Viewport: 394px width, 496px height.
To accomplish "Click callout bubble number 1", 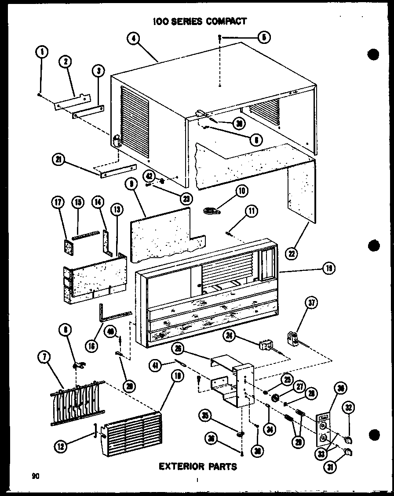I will [x=41, y=52].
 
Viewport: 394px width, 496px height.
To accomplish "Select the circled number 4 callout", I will [x=135, y=38].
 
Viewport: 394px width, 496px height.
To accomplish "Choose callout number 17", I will [x=58, y=202].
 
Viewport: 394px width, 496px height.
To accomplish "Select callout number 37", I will [x=312, y=302].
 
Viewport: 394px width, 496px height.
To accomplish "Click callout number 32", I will [x=349, y=407].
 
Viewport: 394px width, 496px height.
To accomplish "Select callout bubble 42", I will [x=150, y=176].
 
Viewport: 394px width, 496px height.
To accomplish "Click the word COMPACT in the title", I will [x=223, y=21].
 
